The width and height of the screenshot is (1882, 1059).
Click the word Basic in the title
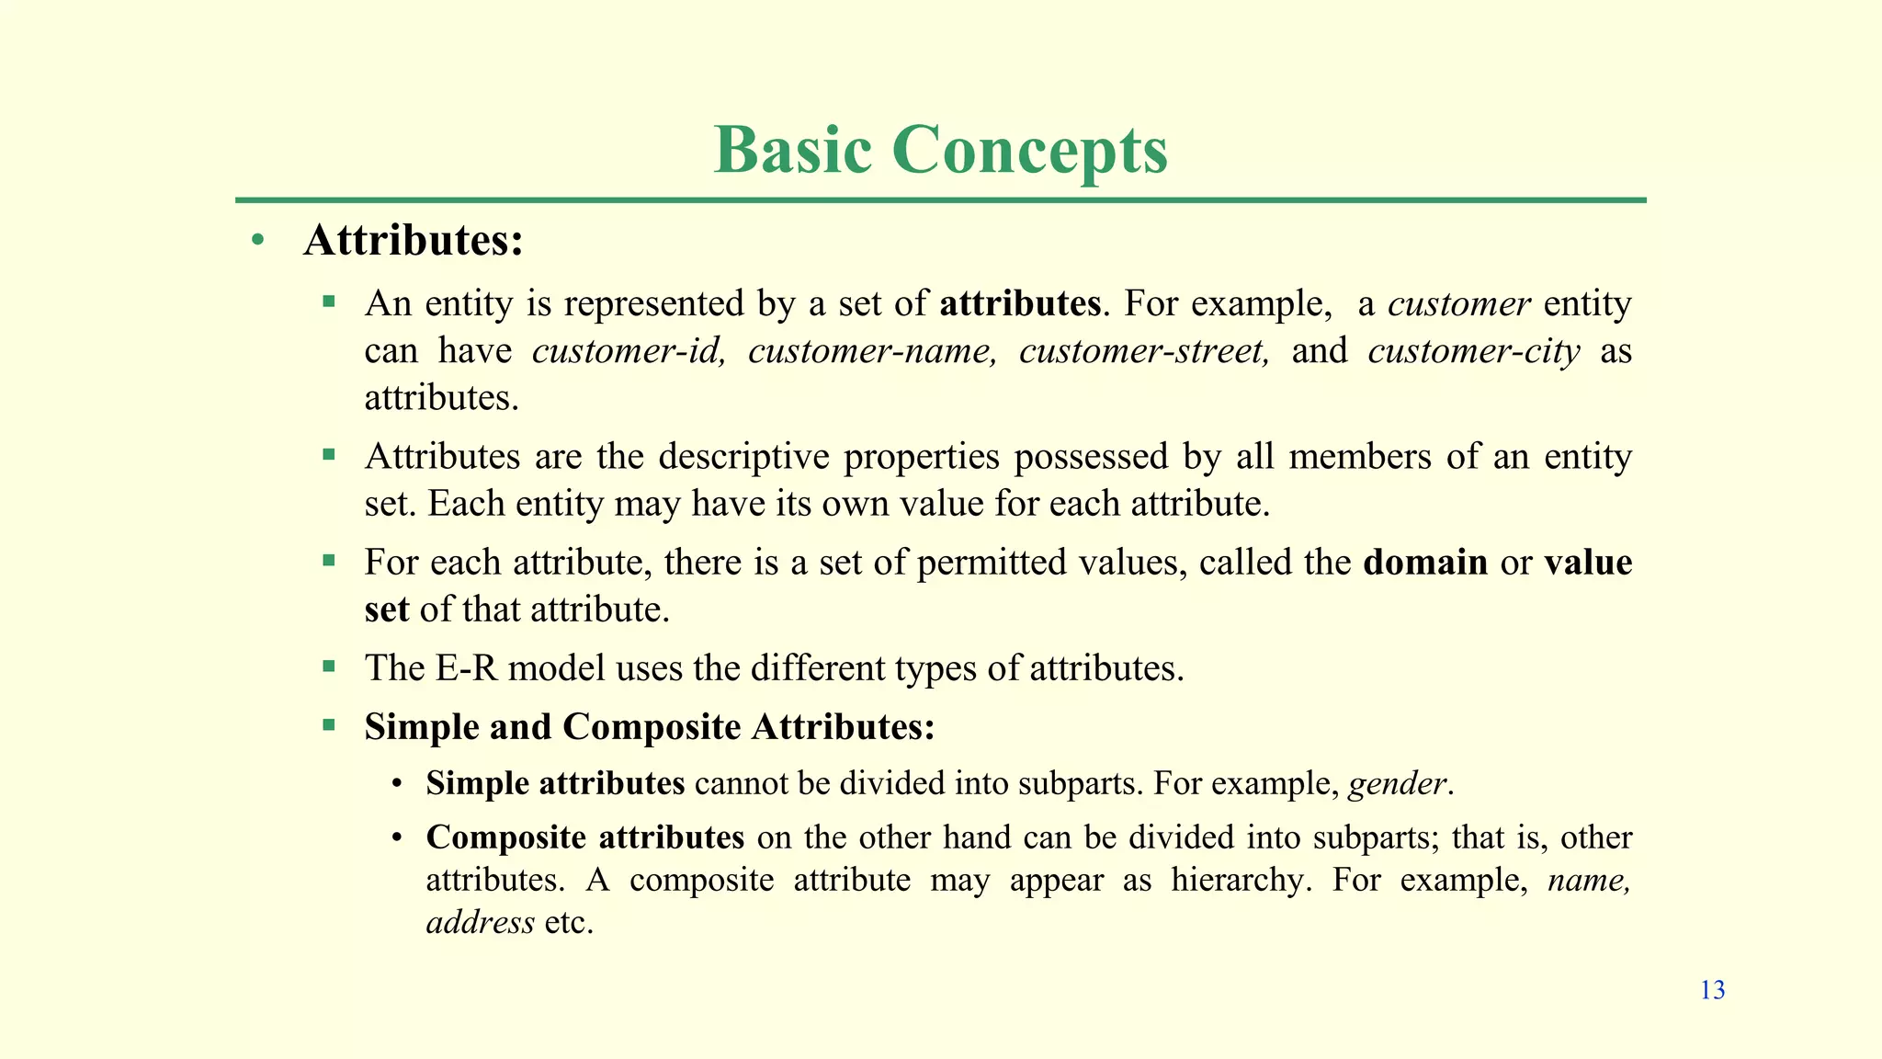[792, 149]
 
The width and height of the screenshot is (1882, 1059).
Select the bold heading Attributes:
[414, 241]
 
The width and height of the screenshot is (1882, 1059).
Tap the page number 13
[1712, 990]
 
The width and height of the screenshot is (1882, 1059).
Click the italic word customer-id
[629, 351]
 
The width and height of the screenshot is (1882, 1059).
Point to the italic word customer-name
[872, 351]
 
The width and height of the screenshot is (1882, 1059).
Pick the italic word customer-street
[1144, 351]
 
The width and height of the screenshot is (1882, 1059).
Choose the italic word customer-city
[1473, 351]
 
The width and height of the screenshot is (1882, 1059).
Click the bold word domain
[1425, 562]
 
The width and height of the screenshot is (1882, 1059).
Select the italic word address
[480, 922]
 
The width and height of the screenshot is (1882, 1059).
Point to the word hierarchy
[1237, 881]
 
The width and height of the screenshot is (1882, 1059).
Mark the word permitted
[991, 563]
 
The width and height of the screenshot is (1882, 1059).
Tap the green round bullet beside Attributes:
[258, 241]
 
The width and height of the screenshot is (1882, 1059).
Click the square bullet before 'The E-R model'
[329, 665]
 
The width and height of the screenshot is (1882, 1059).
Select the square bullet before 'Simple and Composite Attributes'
[329, 725]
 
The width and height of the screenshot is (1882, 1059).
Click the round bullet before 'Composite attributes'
[397, 837]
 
